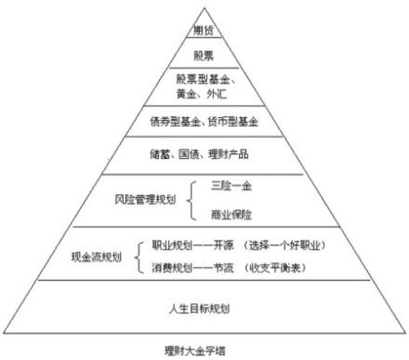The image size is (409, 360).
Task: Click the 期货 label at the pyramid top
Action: click(203, 30)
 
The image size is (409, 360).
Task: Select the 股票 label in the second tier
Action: click(204, 55)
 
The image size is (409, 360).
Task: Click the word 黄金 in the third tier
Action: click(186, 94)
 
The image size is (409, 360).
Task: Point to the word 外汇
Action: click(217, 94)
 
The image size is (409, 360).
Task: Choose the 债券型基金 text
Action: click(175, 122)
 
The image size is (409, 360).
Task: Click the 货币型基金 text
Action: click(233, 122)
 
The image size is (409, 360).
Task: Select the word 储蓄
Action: click(160, 154)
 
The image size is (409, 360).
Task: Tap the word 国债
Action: click(189, 154)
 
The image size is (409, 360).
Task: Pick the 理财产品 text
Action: click(228, 154)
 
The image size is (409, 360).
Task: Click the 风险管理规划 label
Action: click(145, 199)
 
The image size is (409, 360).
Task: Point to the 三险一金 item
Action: click(231, 186)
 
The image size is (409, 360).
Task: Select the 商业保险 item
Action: click(231, 215)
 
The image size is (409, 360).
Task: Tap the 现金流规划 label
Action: click(96, 257)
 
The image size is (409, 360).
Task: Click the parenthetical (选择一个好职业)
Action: click(284, 246)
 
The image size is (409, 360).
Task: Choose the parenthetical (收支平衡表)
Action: click(274, 268)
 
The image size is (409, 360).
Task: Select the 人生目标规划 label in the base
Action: click(199, 309)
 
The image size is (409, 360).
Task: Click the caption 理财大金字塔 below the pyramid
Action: click(195, 351)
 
